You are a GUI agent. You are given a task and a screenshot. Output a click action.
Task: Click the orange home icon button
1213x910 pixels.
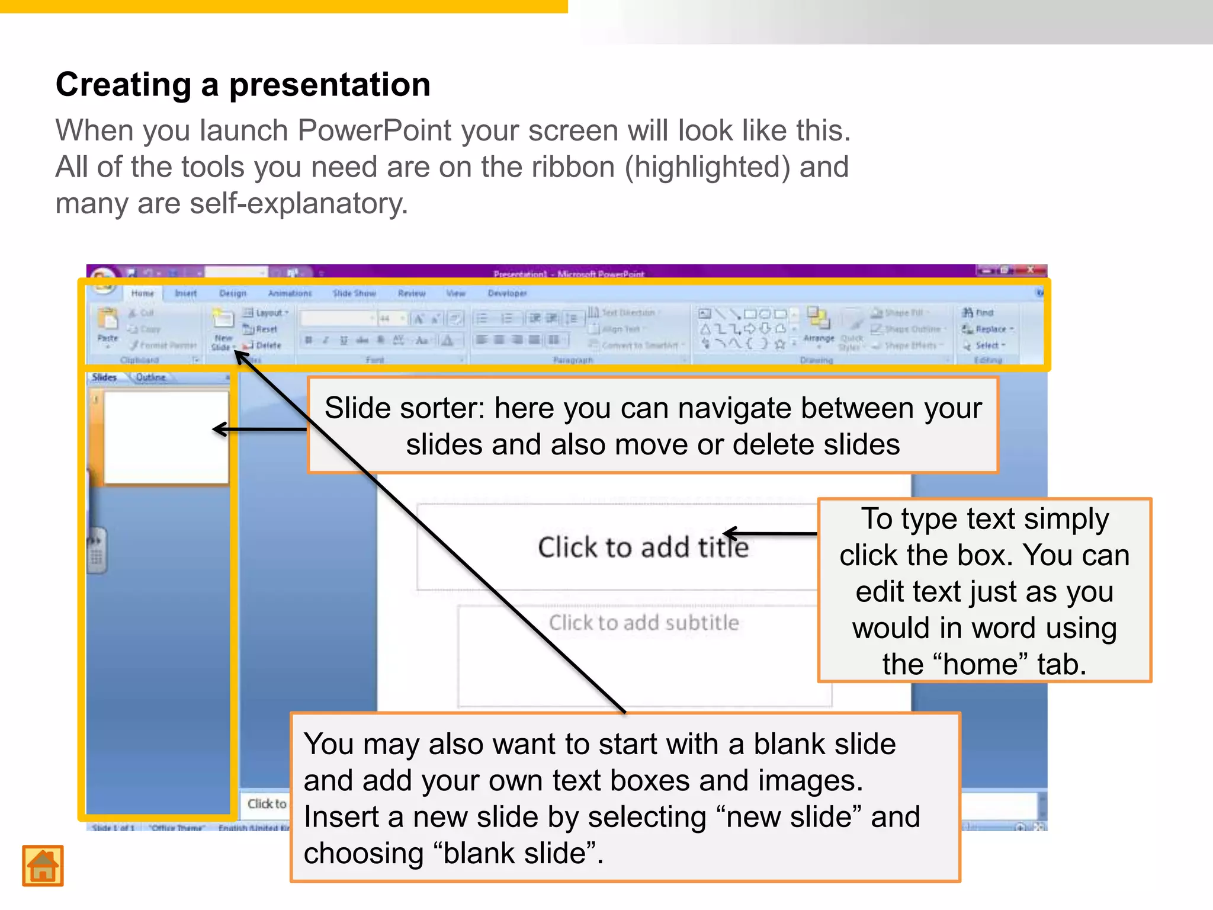43,866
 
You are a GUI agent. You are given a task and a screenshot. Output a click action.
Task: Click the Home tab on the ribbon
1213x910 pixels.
142,293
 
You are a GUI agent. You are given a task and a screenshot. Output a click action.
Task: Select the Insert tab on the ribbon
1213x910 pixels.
185,293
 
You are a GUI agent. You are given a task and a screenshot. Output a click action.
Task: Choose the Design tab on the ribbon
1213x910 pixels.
232,293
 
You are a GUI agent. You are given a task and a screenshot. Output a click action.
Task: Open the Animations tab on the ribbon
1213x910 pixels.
290,293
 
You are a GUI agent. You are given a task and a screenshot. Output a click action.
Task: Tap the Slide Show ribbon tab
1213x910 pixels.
354,293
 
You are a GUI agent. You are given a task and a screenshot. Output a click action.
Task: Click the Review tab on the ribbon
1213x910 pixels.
412,293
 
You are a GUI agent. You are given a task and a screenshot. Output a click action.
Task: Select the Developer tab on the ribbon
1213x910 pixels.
507,293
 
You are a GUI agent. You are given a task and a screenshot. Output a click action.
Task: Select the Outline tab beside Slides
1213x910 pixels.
150,377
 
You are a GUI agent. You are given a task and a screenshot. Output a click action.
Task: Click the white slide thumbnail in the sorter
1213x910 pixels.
166,437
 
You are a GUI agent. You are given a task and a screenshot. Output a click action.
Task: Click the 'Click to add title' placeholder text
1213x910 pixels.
643,547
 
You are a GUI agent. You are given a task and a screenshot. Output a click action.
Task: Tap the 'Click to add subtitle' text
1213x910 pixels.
644,623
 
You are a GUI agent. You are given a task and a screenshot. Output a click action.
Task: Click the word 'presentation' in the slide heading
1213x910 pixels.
329,85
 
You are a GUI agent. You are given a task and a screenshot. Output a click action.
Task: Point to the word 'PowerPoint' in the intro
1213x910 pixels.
374,130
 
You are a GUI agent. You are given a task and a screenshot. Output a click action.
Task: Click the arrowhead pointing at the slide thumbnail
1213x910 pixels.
220,429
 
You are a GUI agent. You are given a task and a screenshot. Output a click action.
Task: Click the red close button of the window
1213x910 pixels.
1031,270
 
